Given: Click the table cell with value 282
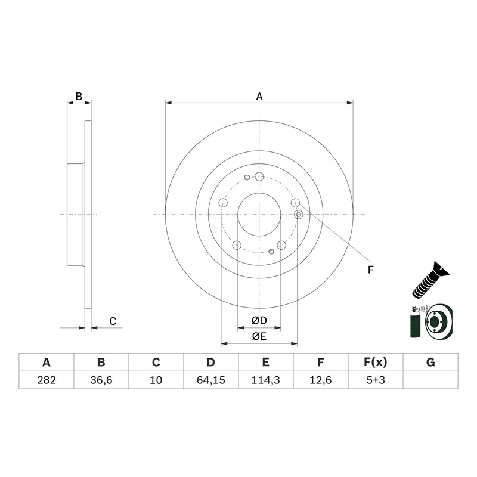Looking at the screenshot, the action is (47, 380).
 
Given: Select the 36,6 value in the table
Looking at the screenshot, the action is (101, 380).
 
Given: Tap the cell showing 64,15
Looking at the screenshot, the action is (211, 380).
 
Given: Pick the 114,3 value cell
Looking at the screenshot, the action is (265, 380).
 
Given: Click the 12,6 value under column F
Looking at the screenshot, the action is (321, 380).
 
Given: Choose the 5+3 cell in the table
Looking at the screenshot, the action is (376, 380).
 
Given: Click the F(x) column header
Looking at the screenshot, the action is (376, 363).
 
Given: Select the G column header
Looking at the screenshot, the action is (430, 363).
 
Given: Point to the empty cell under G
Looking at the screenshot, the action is (430, 380).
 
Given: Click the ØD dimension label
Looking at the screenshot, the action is (259, 320).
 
